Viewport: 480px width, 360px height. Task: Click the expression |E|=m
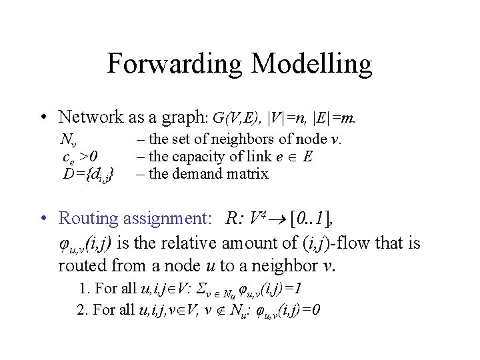tap(335, 119)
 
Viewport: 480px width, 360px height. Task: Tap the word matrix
tap(247, 174)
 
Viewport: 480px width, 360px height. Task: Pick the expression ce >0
tap(79, 157)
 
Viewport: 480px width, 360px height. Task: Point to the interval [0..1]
tap(311, 218)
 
